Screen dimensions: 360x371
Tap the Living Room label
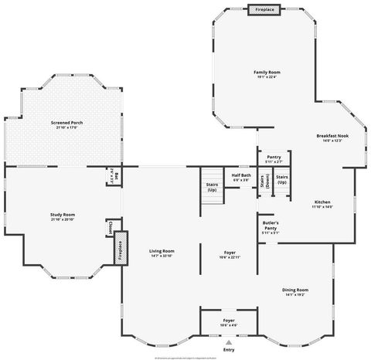pos(162,250)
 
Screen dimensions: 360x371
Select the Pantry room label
pos(274,158)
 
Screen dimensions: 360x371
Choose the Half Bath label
pos(240,175)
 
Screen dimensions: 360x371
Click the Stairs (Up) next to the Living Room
pos(211,187)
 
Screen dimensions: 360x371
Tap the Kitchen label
pos(322,202)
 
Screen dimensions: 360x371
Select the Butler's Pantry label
pos(270,226)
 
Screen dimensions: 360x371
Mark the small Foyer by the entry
pos(229,321)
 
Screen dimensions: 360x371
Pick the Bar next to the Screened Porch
pos(113,174)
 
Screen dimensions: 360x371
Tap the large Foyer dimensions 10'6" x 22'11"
pos(229,256)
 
